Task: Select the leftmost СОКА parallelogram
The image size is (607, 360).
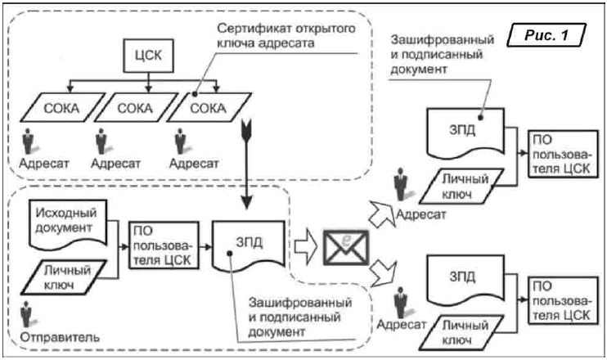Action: coord(57,108)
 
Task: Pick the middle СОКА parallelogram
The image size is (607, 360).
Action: coord(129,108)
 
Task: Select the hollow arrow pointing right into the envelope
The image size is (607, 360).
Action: coord(306,243)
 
